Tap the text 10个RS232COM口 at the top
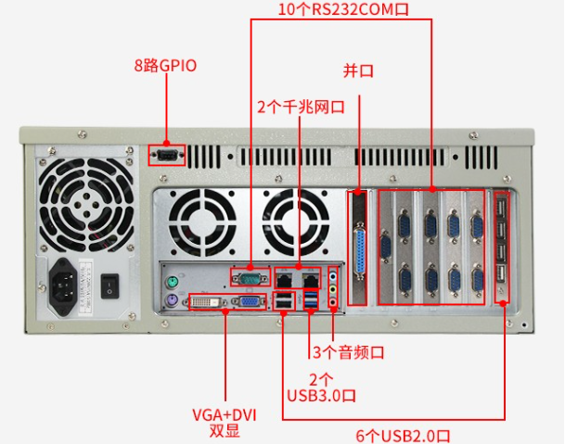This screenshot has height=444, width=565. tap(343, 9)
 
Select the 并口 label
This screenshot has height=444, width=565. tap(358, 70)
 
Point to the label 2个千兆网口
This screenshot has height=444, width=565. tap(301, 107)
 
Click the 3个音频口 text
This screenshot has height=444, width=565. tap(347, 352)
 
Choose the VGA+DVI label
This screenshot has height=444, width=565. tap(224, 414)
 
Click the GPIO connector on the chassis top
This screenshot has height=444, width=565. tap(167, 154)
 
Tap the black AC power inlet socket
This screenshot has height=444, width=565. tap(67, 277)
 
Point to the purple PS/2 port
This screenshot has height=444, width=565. tap(172, 301)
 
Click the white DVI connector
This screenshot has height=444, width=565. tap(205, 301)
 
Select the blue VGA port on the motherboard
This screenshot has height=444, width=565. tap(248, 301)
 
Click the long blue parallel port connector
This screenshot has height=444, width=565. tap(360, 250)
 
